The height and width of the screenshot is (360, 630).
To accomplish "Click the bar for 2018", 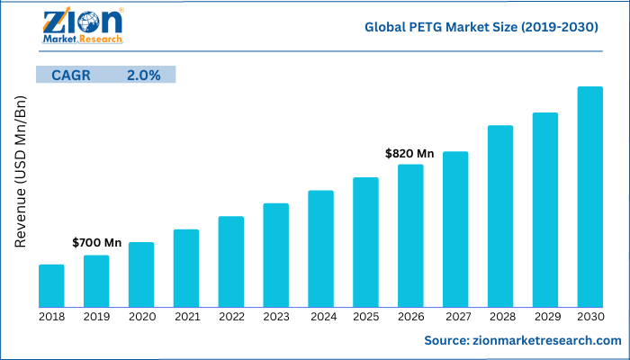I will (51, 285).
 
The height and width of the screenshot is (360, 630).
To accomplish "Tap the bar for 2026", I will (410, 235).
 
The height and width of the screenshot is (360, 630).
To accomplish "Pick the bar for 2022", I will (231, 261).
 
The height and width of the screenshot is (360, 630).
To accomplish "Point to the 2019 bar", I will (96, 281).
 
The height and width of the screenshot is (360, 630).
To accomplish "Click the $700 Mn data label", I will (96, 243).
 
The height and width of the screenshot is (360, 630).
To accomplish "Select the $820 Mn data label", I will (409, 154).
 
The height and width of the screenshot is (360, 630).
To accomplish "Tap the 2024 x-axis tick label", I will (320, 317).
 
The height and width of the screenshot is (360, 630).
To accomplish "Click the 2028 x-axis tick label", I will (499, 317).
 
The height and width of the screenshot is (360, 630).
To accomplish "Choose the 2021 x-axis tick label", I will (186, 317).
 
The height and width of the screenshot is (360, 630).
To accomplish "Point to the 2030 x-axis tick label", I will (589, 317).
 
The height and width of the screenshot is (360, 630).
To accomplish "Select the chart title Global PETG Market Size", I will (481, 28).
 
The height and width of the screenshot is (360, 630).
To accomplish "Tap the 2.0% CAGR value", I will (143, 76).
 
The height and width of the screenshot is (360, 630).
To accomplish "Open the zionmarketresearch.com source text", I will (523, 340).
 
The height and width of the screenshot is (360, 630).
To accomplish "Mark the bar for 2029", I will (544, 210).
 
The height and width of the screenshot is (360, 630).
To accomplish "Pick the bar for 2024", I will (320, 248).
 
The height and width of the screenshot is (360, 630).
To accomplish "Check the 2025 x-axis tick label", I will (365, 317).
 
